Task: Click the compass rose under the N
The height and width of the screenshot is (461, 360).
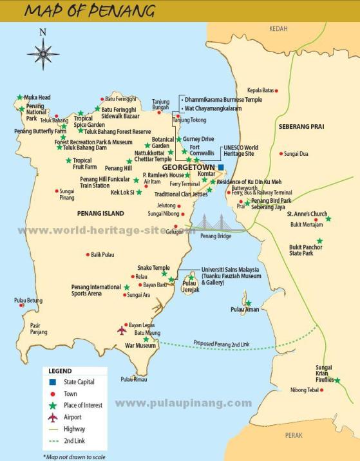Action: pyautogui.click(x=43, y=53)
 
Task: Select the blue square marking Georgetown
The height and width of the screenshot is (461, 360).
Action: pyautogui.click(x=220, y=167)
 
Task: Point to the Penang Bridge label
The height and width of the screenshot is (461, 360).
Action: pyautogui.click(x=216, y=236)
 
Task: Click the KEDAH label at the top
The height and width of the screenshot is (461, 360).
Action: pyautogui.click(x=278, y=28)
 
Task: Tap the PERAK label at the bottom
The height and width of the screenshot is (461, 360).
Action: pyautogui.click(x=293, y=435)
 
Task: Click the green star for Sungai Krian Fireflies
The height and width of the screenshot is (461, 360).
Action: pyautogui.click(x=337, y=381)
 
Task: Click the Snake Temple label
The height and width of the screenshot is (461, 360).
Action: pyautogui.click(x=153, y=268)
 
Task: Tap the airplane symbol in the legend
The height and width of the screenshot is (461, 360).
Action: pyautogui.click(x=53, y=417)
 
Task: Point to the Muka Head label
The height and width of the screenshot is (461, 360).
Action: pyautogui.click(x=37, y=98)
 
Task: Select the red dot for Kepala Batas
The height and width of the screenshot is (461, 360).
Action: pyautogui.click(x=276, y=91)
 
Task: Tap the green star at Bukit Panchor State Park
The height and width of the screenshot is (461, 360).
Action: pyautogui.click(x=319, y=241)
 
